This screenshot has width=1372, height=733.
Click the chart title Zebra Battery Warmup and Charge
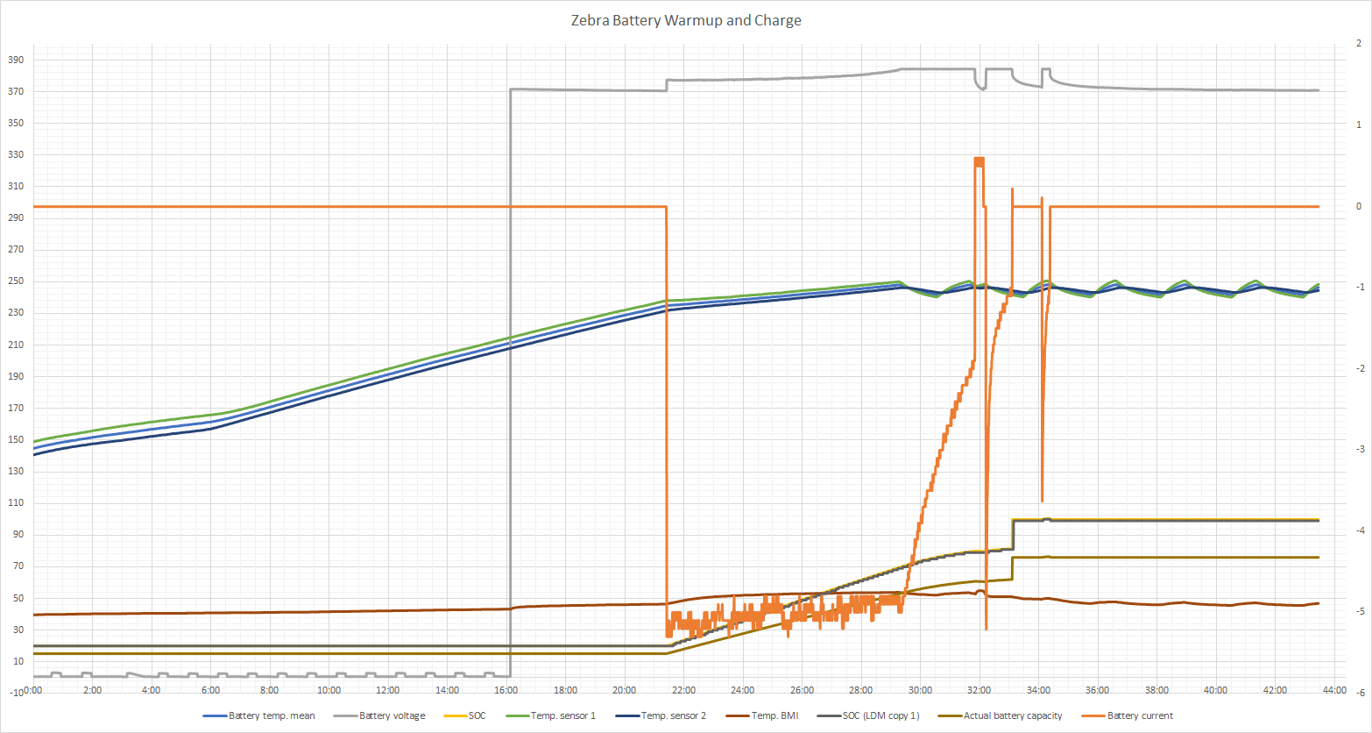pyautogui.click(x=685, y=20)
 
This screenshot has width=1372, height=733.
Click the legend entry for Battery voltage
pyautogui.click(x=392, y=715)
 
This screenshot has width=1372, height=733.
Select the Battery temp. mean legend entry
pyautogui.click(x=272, y=715)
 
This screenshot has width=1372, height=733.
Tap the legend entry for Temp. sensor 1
pyautogui.click(x=563, y=715)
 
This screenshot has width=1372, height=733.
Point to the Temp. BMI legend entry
pyautogui.click(x=774, y=715)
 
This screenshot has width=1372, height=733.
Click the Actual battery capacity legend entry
pyautogui.click(x=1012, y=715)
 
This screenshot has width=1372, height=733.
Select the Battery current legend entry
pyautogui.click(x=1139, y=715)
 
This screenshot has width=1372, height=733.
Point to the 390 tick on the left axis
pyautogui.click(x=16, y=60)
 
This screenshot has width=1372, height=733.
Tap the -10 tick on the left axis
pyautogui.click(x=16, y=693)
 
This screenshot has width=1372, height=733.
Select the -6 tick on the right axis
pyautogui.click(x=1358, y=693)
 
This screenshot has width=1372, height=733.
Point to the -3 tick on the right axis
pyautogui.click(x=1358, y=450)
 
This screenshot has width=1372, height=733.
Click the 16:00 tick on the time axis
pyautogui.click(x=506, y=691)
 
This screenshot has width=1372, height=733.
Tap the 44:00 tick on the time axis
pyautogui.click(x=1333, y=691)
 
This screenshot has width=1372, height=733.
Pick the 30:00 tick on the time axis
pyautogui.click(x=920, y=691)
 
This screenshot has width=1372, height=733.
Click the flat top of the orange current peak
pyautogui.click(x=979, y=160)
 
